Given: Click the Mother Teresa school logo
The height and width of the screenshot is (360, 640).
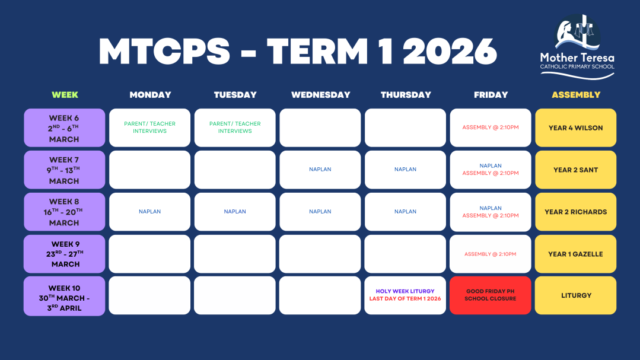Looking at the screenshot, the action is (577, 47).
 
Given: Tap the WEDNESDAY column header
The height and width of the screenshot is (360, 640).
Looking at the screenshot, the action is (320, 95).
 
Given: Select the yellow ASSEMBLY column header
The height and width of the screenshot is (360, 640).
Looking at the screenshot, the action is (576, 95).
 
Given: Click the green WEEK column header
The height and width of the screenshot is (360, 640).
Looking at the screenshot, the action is (65, 95).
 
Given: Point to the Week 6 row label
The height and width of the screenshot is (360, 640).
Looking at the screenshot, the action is (65, 128).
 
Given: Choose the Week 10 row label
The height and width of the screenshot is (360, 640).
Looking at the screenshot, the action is (65, 296).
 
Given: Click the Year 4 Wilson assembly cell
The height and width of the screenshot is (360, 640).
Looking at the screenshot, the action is (575, 128).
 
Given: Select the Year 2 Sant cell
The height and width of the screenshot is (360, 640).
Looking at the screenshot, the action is (575, 170).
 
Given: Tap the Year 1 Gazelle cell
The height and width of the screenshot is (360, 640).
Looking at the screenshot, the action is (575, 254).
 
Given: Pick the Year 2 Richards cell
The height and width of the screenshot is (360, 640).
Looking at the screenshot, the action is (575, 212).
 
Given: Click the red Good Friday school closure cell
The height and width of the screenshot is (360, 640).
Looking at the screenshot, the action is (490, 295).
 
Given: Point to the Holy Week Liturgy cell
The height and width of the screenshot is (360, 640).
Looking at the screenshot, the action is (405, 295).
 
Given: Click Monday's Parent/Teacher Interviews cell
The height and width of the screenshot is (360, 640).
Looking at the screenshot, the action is (150, 128).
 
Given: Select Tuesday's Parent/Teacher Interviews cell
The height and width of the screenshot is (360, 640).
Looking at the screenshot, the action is (235, 128).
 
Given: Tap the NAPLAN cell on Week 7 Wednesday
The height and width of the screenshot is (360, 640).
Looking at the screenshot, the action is (320, 170).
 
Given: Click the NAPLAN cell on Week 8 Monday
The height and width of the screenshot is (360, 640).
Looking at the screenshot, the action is (150, 212).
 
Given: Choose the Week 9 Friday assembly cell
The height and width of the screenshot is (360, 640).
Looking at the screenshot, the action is (490, 254).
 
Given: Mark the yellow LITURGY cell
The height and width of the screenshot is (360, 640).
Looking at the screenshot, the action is (575, 295).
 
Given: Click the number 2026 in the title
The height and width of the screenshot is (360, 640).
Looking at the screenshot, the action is (450, 52).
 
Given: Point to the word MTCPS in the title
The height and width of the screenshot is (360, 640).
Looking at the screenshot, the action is (164, 52).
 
